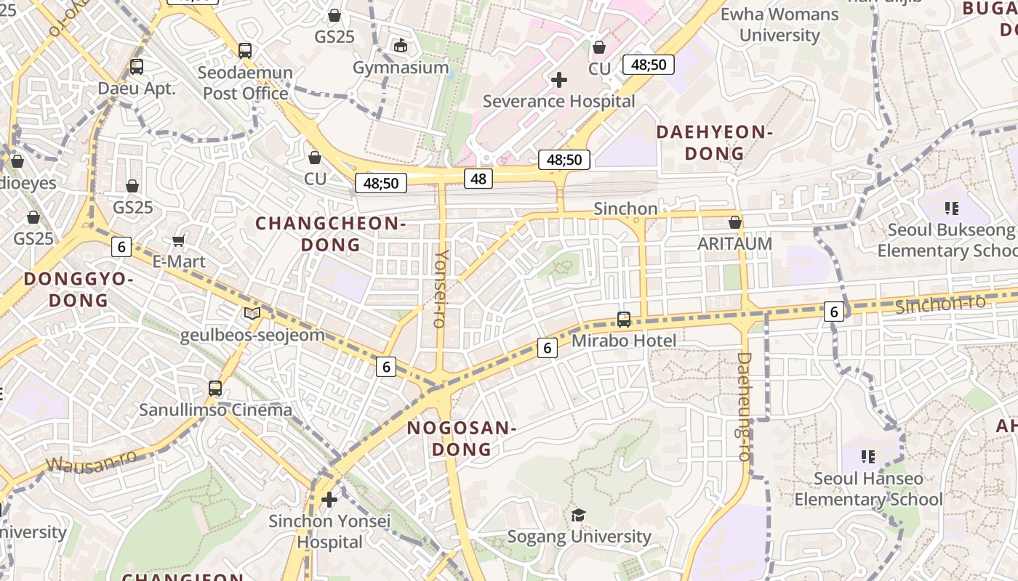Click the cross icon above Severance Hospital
click(558, 80)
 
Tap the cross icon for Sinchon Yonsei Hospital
click(329, 500)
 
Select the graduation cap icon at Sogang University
click(578, 515)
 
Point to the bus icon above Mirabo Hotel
click(623, 319)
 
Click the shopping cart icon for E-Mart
click(179, 240)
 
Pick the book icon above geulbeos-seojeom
click(252, 313)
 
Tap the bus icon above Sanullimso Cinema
click(215, 388)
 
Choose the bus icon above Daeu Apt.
click(137, 67)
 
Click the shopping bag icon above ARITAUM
click(734, 222)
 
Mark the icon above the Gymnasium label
click(400, 46)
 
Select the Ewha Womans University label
click(779, 24)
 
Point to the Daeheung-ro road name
click(744, 406)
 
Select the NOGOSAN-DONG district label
click(461, 439)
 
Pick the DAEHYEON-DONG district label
click(713, 142)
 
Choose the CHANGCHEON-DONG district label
click(330, 234)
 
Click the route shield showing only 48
click(478, 178)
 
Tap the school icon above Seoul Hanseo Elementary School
click(867, 456)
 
